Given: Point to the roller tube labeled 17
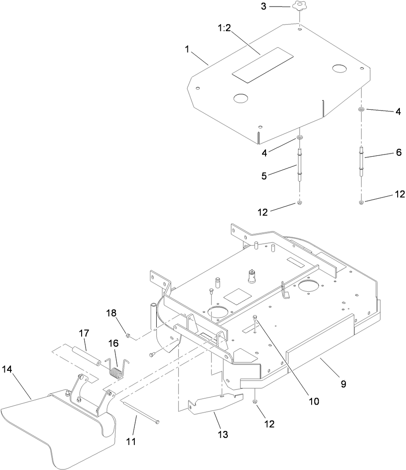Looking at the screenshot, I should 86,354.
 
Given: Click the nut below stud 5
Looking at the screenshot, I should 299,202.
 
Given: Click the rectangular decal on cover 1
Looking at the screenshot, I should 262,65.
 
